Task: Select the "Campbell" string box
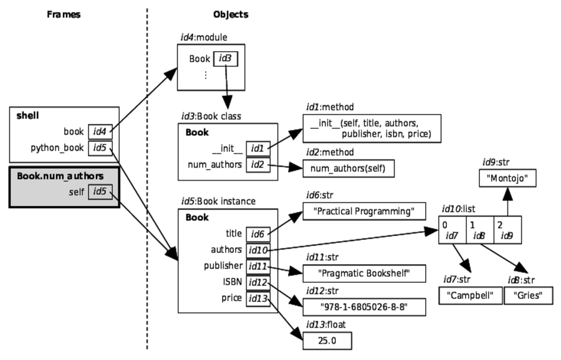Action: point(471,295)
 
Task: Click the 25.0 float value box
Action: point(327,341)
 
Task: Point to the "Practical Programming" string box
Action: point(358,212)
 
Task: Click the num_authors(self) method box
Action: point(348,169)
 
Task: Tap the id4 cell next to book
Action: point(100,131)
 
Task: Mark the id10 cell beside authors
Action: point(257,250)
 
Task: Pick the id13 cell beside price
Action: point(257,298)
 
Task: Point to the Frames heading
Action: point(64,14)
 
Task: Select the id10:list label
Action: point(459,207)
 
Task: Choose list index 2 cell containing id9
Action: point(507,230)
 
